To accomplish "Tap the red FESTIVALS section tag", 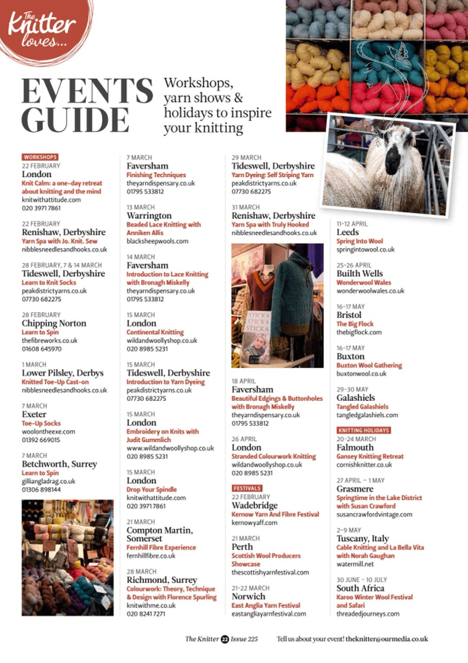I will [247, 488].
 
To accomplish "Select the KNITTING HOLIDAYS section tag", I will [364, 430].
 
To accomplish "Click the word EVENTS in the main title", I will [87, 91].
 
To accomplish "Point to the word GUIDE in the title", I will [75, 120].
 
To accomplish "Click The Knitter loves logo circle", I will [42, 26].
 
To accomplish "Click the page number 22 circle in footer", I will [225, 639].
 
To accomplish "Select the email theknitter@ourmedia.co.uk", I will [387, 639].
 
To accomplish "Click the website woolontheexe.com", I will [48, 431].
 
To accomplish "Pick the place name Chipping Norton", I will [54, 323].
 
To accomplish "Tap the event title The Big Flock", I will [355, 324].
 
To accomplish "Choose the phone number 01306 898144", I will [41, 489].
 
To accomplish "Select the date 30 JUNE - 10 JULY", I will [362, 580].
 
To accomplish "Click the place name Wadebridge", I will [255, 505].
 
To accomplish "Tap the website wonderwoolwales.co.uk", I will [370, 291].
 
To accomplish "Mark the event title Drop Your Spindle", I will [152, 489].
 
